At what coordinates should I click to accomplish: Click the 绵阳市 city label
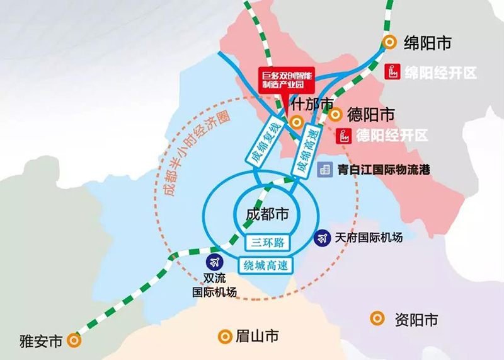[427, 43]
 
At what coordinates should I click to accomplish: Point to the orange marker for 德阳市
[335, 115]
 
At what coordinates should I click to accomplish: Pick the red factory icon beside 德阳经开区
[344, 135]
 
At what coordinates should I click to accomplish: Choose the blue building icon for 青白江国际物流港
[325, 169]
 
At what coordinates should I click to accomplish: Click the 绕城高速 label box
[266, 265]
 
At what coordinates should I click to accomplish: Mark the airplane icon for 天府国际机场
[323, 238]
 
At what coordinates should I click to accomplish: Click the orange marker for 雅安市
[75, 341]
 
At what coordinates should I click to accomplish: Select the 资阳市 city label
[416, 320]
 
